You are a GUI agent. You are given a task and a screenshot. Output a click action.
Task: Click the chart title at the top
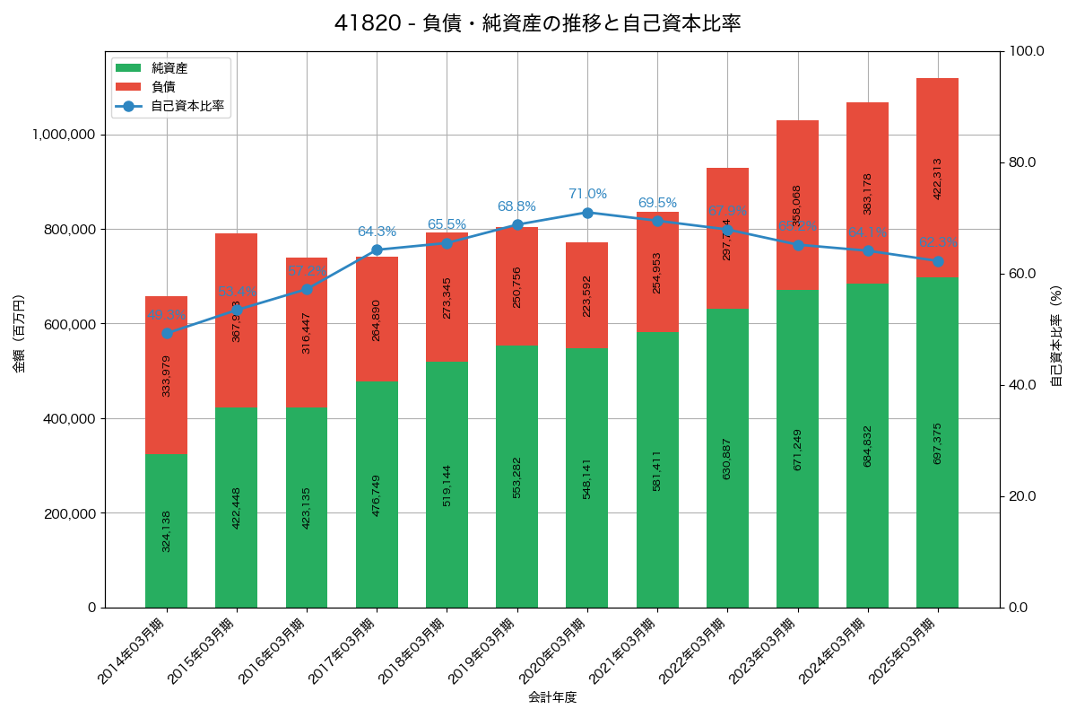(537, 23)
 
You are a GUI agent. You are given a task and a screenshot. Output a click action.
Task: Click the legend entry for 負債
(162, 87)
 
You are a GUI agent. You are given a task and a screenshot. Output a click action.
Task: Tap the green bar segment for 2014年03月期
(166, 530)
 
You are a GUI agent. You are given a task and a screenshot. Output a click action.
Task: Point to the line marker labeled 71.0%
(587, 213)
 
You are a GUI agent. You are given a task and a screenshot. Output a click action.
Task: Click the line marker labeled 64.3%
(377, 250)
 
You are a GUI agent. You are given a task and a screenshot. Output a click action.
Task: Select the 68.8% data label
(516, 206)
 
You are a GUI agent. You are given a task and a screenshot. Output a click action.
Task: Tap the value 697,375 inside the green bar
(938, 443)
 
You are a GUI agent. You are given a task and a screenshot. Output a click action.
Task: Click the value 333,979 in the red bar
(167, 376)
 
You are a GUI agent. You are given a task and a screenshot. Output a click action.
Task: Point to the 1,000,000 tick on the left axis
(64, 135)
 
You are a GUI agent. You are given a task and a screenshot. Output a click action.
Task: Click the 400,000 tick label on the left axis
(68, 418)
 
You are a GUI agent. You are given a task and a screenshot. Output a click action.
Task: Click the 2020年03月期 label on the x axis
(552, 651)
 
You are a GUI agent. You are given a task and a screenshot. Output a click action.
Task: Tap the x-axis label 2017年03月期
(342, 651)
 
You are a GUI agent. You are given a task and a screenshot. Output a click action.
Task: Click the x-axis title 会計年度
(551, 696)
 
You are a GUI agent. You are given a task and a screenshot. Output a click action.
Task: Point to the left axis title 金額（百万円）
(19, 334)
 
